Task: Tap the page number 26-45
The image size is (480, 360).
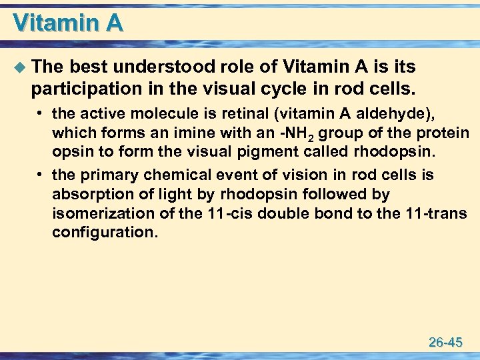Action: click(445, 343)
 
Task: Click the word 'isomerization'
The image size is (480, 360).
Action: click(94, 213)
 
